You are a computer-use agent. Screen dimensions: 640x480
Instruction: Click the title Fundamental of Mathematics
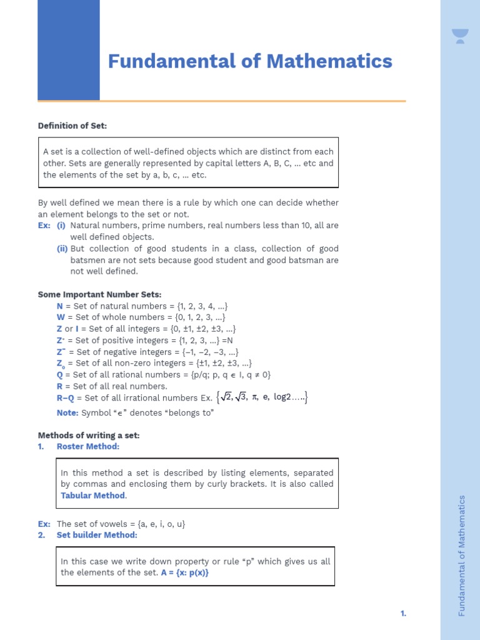(x=250, y=61)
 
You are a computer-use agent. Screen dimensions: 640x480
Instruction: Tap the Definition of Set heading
(x=72, y=126)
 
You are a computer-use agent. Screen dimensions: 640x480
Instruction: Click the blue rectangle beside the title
(x=68, y=50)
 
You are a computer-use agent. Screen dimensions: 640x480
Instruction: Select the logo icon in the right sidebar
(x=460, y=36)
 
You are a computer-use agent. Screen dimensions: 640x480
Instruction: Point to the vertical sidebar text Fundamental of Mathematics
(x=462, y=555)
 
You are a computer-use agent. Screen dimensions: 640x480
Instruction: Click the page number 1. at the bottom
(x=403, y=614)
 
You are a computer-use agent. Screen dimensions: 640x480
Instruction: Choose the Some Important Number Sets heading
(x=99, y=294)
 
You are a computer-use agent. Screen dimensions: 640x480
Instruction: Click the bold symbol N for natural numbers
(x=59, y=306)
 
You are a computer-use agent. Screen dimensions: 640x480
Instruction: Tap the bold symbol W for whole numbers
(x=60, y=317)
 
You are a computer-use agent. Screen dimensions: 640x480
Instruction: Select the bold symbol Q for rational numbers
(x=59, y=374)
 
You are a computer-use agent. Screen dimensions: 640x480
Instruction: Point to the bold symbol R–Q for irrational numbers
(x=66, y=397)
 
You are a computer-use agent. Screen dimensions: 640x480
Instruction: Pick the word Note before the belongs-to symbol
(x=67, y=412)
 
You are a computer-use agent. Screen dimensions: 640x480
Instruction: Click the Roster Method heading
(x=87, y=446)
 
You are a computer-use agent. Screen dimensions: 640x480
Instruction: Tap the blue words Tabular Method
(x=93, y=495)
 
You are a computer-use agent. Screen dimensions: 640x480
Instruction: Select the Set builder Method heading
(x=97, y=535)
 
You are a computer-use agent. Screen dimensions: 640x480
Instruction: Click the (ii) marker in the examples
(x=62, y=249)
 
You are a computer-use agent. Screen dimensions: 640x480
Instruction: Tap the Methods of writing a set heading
(x=89, y=435)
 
